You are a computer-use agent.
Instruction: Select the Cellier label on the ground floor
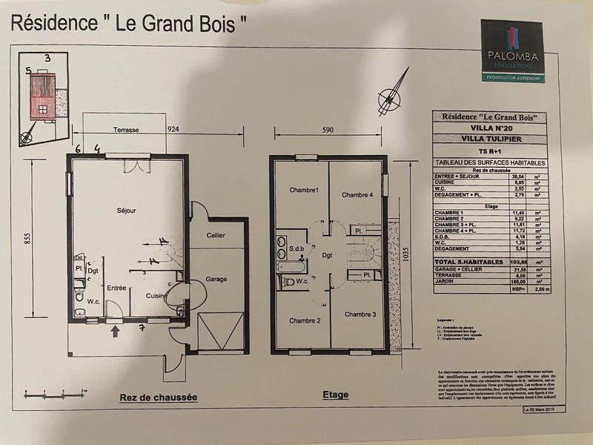point(216,235)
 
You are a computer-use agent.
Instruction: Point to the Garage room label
point(216,280)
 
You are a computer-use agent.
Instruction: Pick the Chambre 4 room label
point(357,195)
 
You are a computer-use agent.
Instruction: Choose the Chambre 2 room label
point(305,320)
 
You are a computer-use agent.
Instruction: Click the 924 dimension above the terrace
point(174,129)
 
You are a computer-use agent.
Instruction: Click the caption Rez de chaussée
point(158,398)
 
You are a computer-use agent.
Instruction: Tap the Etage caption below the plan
point(335,395)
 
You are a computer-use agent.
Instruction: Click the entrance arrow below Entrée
point(114,330)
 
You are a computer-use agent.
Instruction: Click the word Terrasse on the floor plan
point(127,129)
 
